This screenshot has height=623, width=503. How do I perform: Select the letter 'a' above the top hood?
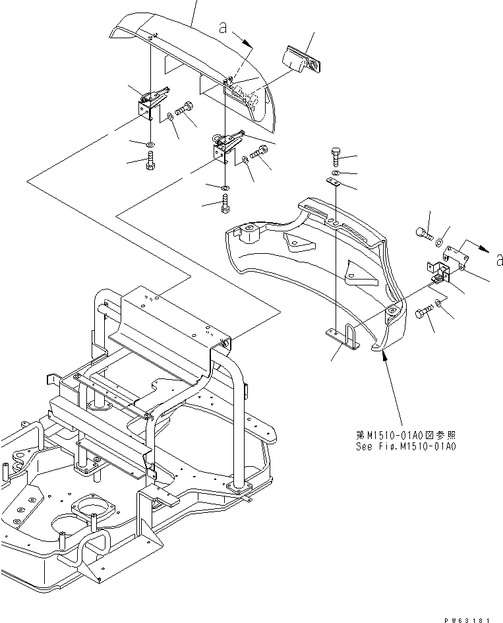pos(223,28)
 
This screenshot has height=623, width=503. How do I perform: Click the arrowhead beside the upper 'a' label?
pos(250,44)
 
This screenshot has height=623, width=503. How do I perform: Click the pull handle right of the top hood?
pos(300,58)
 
